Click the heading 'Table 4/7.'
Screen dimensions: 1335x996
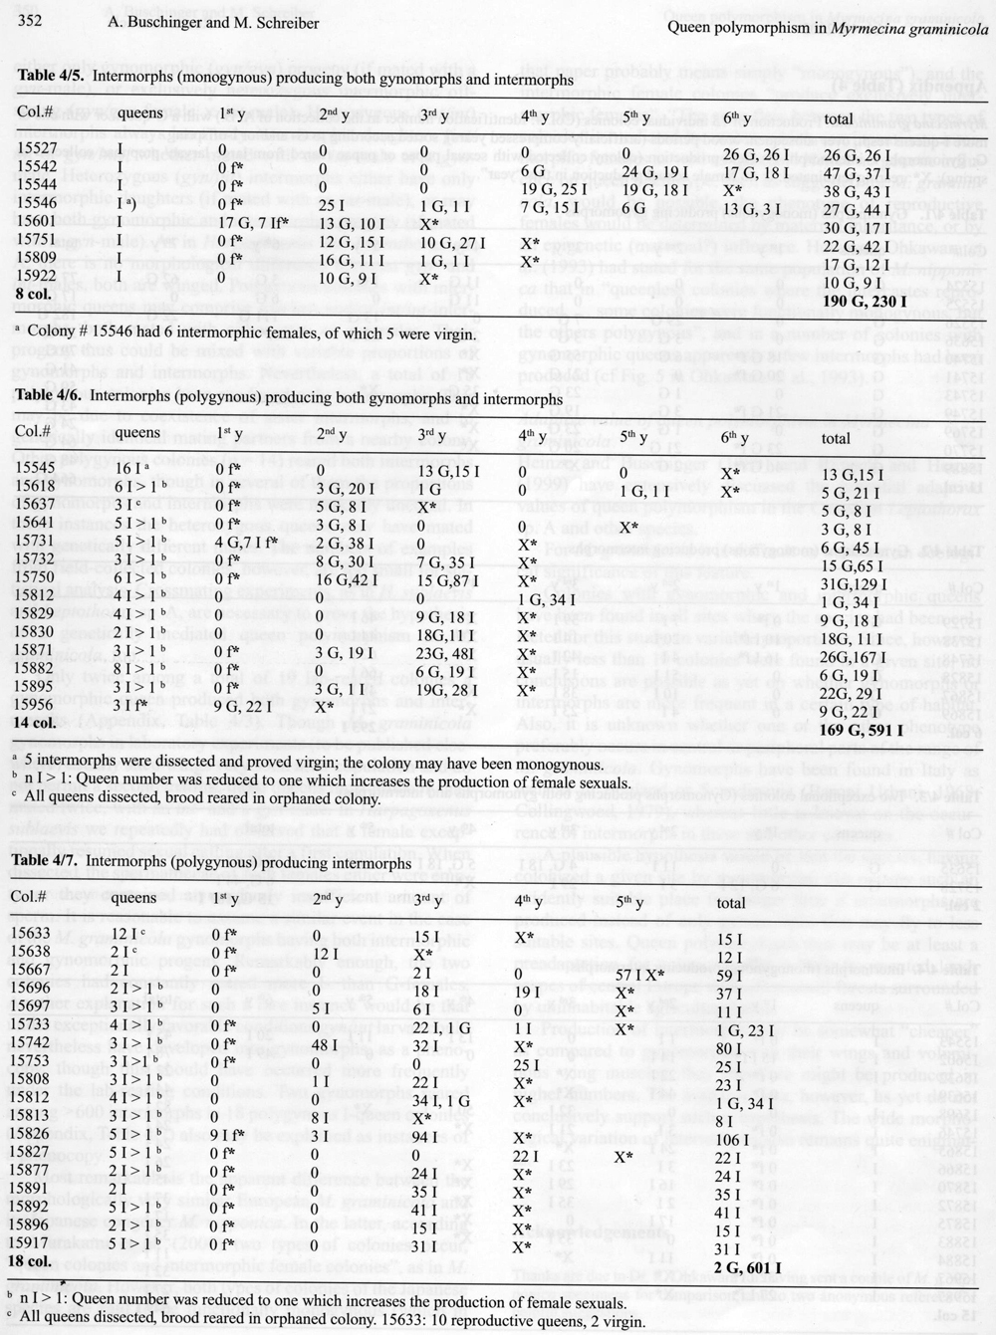pyautogui.click(x=51, y=863)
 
